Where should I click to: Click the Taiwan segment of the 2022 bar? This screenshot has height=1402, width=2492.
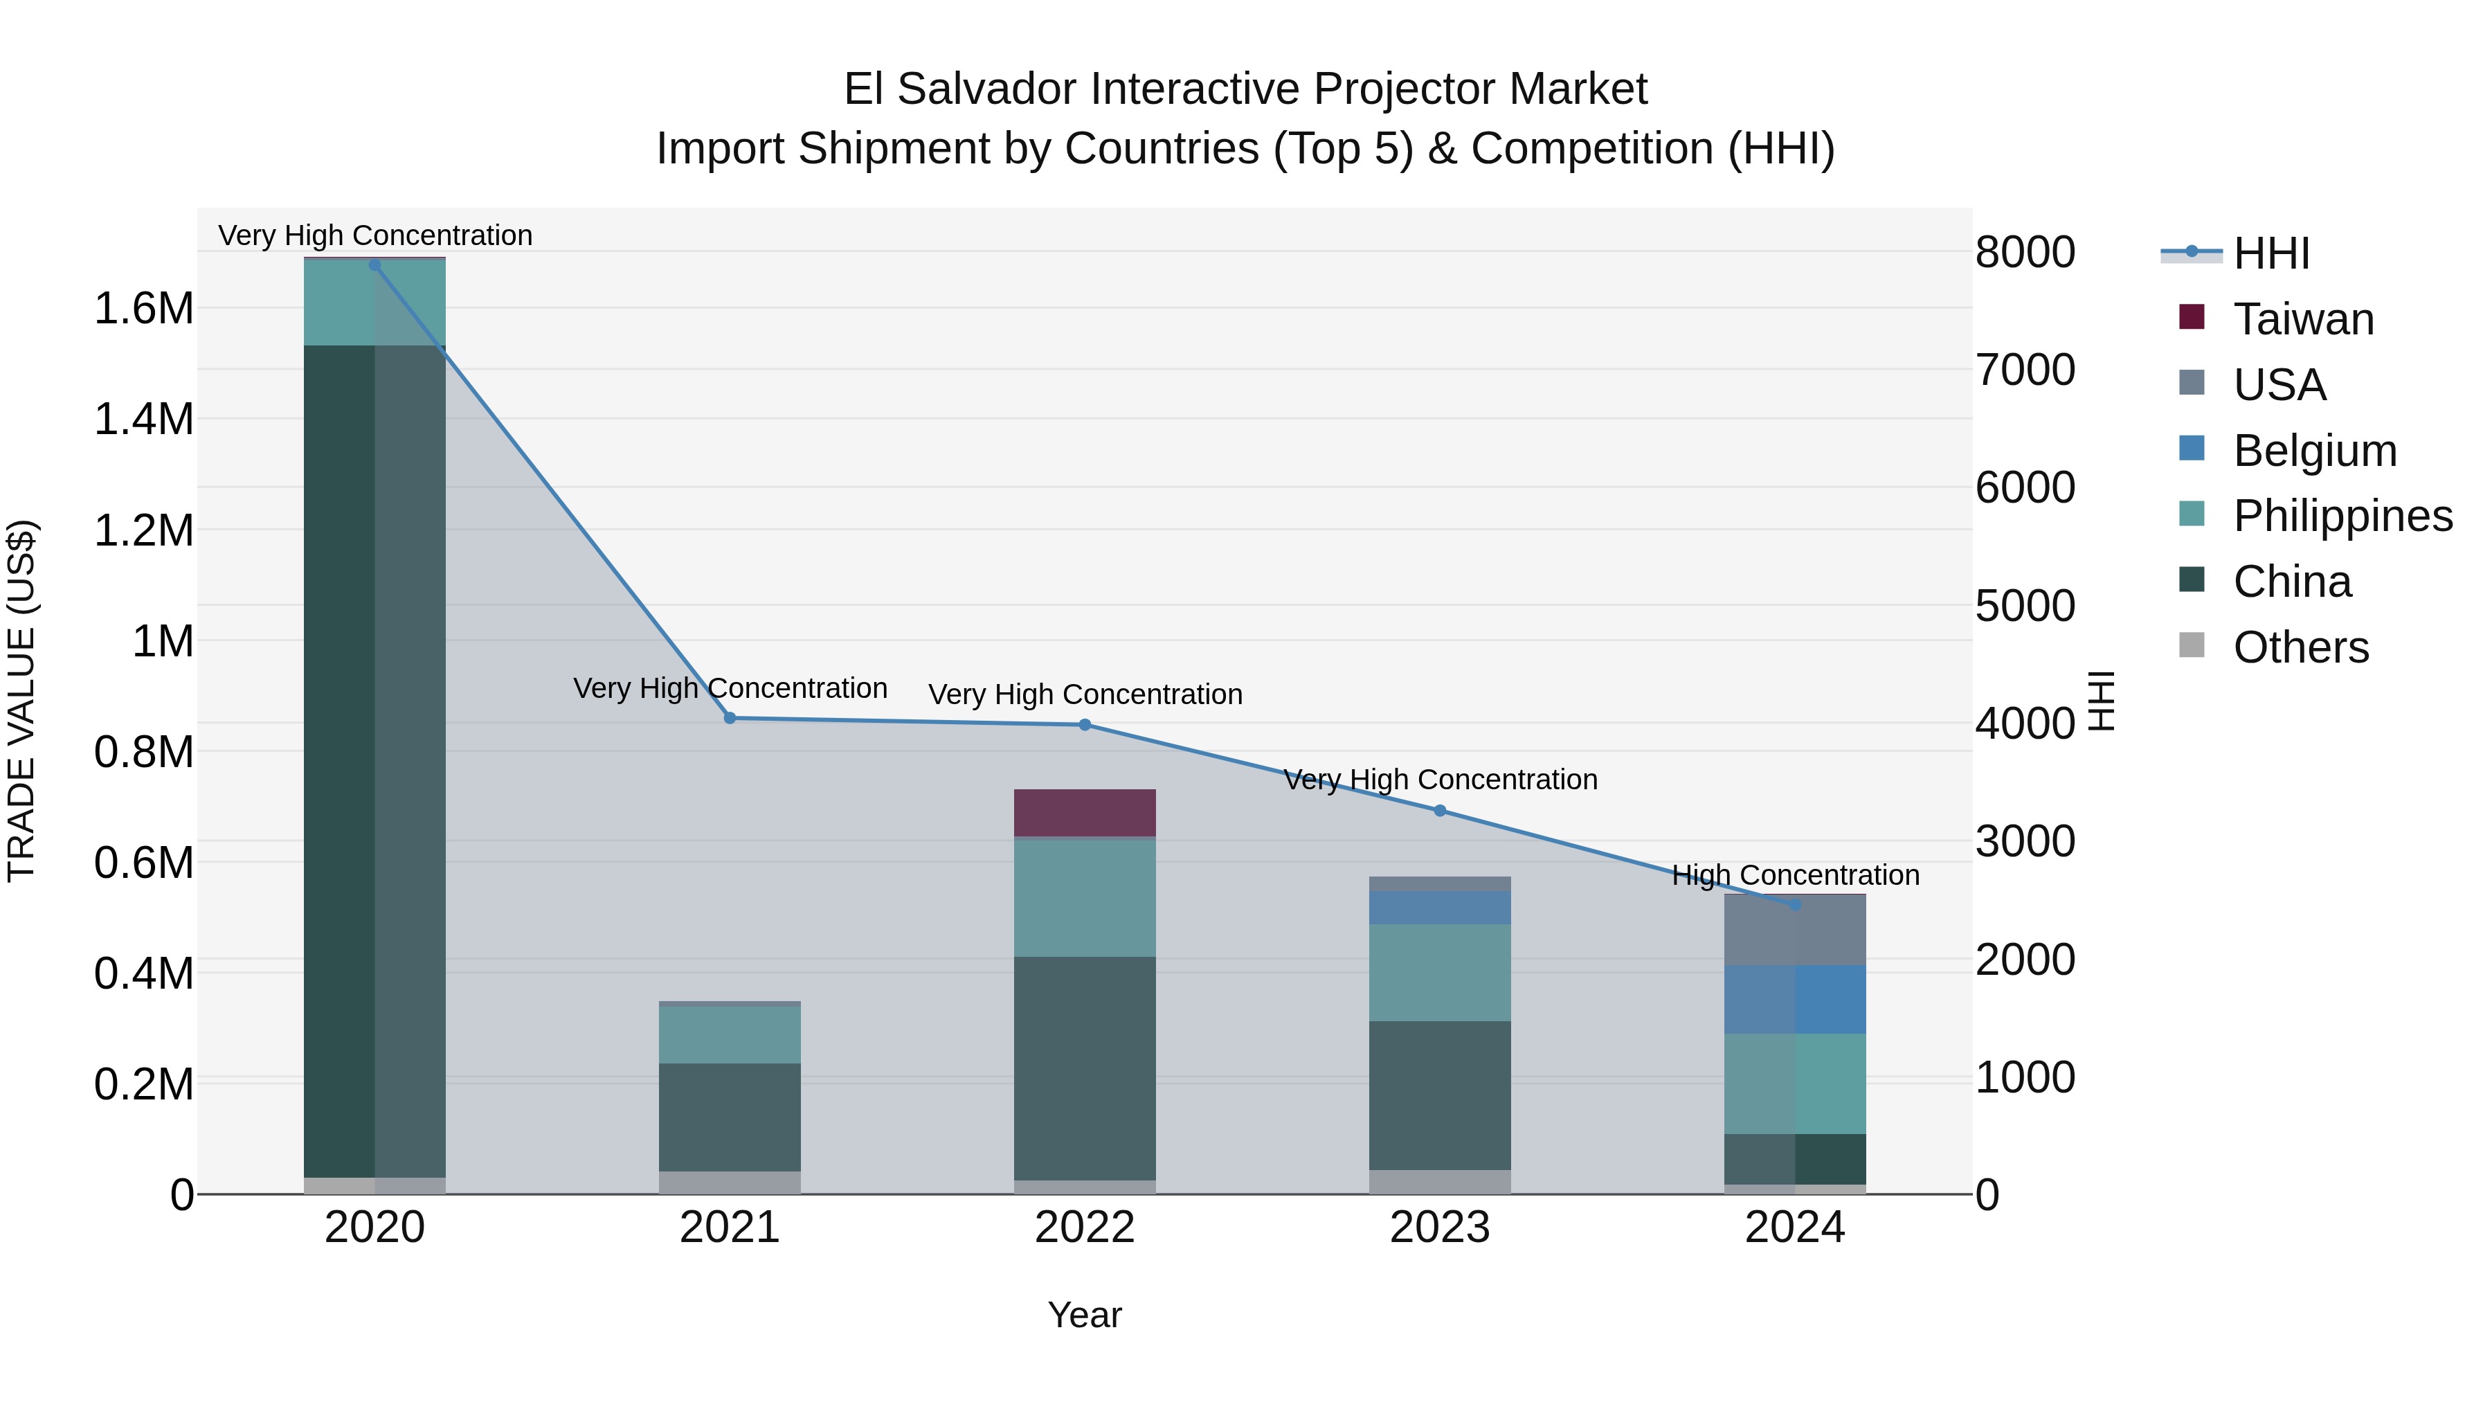coord(1085,813)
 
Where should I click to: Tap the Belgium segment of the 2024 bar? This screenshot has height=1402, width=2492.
coord(1794,1000)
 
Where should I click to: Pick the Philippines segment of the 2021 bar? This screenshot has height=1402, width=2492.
coord(730,1035)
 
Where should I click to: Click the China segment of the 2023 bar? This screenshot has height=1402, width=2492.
coord(1440,1095)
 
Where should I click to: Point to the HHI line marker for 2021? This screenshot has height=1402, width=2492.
coord(730,718)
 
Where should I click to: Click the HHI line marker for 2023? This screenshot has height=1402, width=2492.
coord(1440,811)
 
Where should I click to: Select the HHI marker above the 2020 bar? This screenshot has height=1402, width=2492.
coord(375,265)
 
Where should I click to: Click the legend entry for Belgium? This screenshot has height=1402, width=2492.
coord(2314,451)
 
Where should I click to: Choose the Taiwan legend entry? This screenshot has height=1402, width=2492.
coord(2302,319)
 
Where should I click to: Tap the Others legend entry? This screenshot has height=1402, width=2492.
coord(2300,647)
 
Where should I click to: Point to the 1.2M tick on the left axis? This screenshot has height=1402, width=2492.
coord(144,530)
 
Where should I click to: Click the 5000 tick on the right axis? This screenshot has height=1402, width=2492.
coord(2025,606)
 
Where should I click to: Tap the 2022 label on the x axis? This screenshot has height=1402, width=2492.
coord(1085,1228)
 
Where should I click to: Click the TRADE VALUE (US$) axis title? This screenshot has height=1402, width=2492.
coord(21,701)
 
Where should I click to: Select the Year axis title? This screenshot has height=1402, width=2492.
coord(1085,1315)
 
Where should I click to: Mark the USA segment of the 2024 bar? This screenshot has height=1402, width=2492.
coord(1794,930)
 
